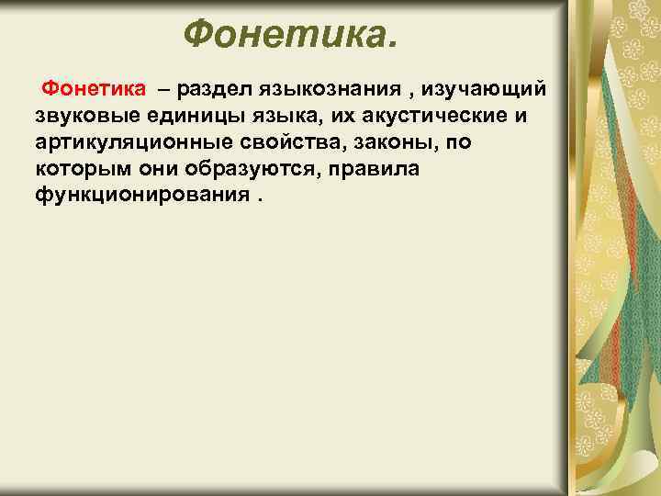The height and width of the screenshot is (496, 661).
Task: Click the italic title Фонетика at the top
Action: pos(291,36)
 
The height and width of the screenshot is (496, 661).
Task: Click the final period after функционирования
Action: pos(257,199)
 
